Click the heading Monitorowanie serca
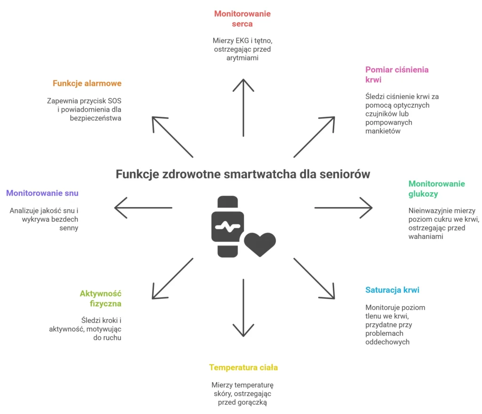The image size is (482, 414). pyautogui.click(x=242, y=18)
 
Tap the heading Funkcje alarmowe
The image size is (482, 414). pyautogui.click(x=87, y=83)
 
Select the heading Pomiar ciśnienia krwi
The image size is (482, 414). pyautogui.click(x=397, y=74)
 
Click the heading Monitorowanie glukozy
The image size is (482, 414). pyautogui.click(x=436, y=189)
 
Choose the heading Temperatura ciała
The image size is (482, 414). pyautogui.click(x=243, y=367)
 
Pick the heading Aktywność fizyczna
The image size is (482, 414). pyautogui.click(x=100, y=299)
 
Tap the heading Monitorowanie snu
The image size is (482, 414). pyautogui.click(x=42, y=193)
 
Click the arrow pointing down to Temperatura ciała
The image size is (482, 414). pyautogui.click(x=243, y=308)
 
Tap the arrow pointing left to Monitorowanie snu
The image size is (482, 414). pyautogui.click(x=143, y=207)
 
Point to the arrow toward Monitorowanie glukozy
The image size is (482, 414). pyautogui.click(x=344, y=207)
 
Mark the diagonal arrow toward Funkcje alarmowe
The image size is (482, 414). pyautogui.click(x=172, y=137)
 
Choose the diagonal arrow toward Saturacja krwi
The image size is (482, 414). pyautogui.click(x=314, y=278)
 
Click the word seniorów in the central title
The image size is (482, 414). pyautogui.click(x=345, y=174)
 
